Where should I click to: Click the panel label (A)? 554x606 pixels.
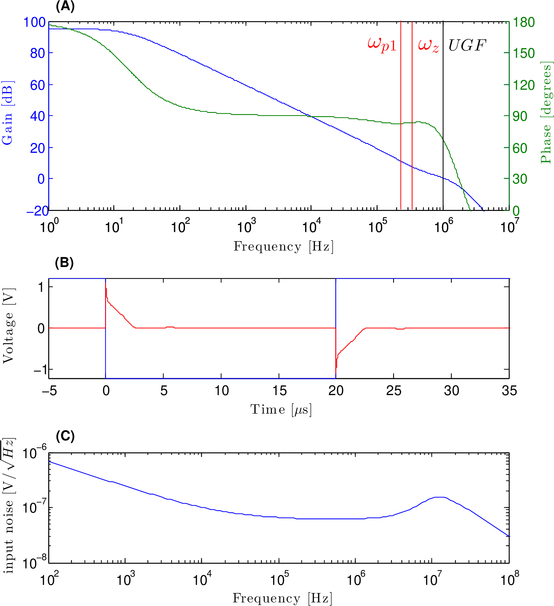(x=65, y=6)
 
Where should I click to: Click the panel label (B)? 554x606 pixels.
(x=64, y=263)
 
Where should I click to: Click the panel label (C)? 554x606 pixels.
(x=65, y=436)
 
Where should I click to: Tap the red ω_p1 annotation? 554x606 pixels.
(x=382, y=45)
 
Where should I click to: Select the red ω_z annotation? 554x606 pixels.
(x=428, y=45)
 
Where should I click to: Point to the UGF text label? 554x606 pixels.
(x=467, y=45)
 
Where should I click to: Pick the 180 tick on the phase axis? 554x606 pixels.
(x=524, y=22)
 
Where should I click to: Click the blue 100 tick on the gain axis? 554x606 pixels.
(x=34, y=22)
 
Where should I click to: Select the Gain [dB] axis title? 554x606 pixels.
(x=7, y=113)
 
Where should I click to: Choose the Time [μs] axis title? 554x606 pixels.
(x=281, y=410)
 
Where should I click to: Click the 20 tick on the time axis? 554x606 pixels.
(x=336, y=391)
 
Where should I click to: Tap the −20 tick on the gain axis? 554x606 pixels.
(x=37, y=211)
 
